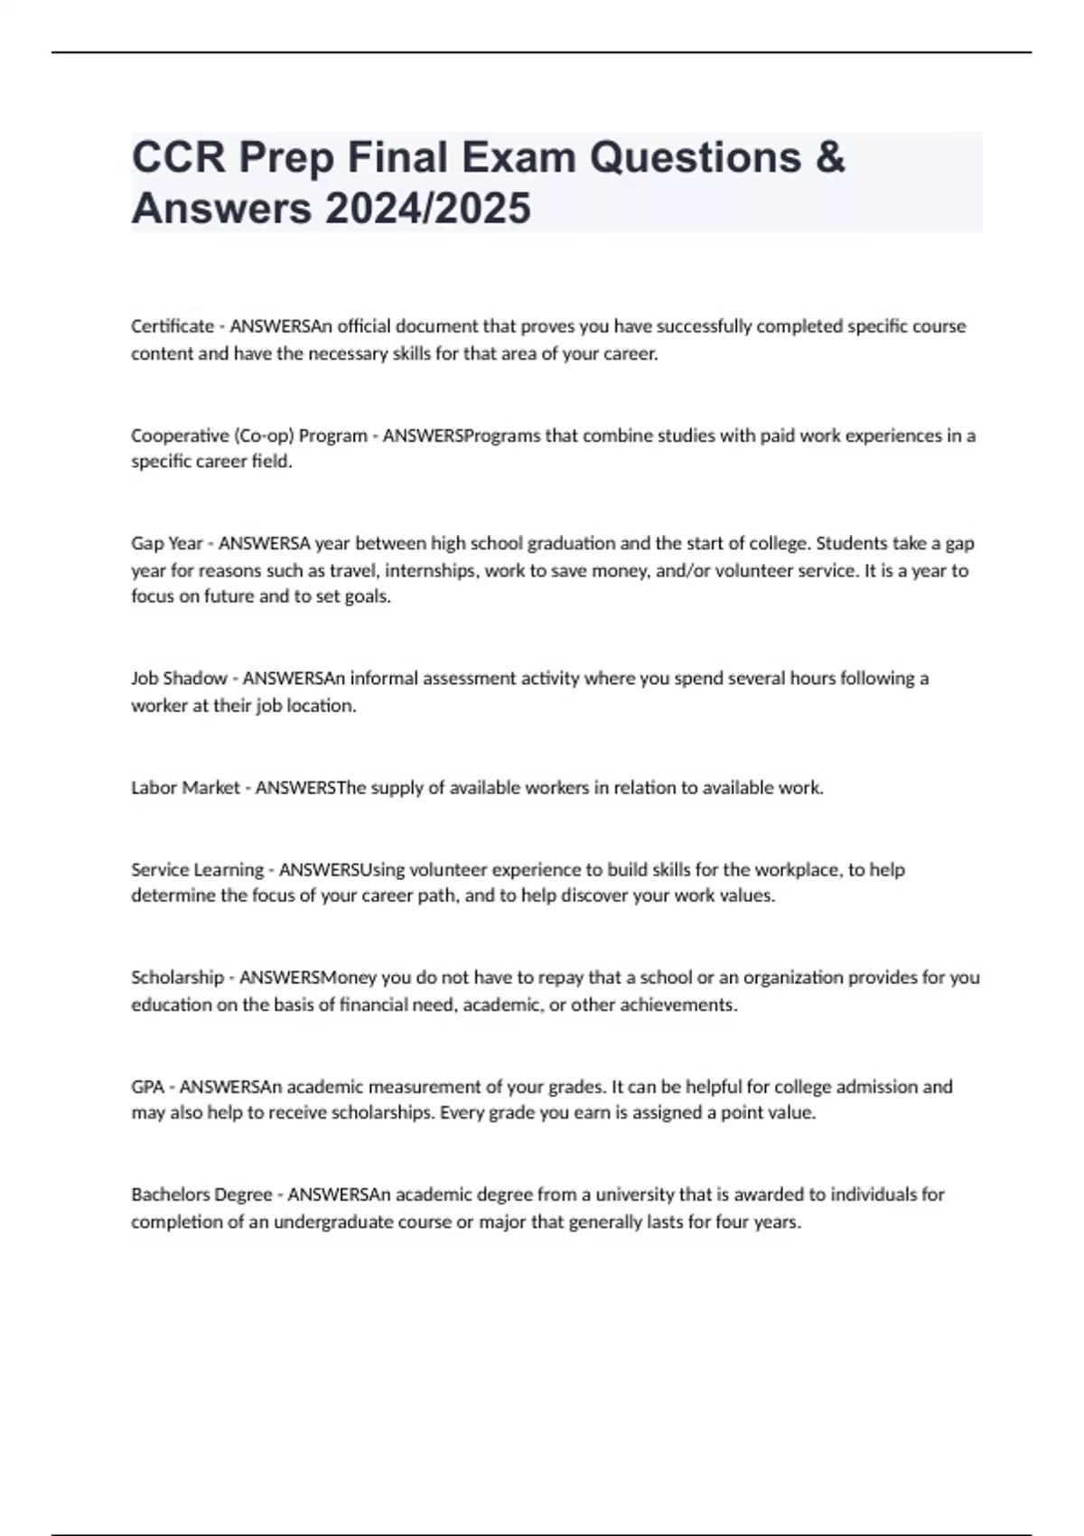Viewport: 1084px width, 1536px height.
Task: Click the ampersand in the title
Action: [x=829, y=157]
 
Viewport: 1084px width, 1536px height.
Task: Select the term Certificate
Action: [x=173, y=326]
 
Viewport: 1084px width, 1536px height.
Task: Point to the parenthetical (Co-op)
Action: [x=264, y=436]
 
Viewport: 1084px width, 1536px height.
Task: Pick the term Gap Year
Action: [x=167, y=544]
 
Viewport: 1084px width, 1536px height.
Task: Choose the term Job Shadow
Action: [x=179, y=679]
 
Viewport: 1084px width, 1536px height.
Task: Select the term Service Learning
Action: [x=197, y=870]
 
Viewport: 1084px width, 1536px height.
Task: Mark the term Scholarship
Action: [x=177, y=978]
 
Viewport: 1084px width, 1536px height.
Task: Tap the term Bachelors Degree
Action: [x=201, y=1194]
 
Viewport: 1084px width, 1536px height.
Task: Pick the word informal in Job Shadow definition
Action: [x=385, y=679]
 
